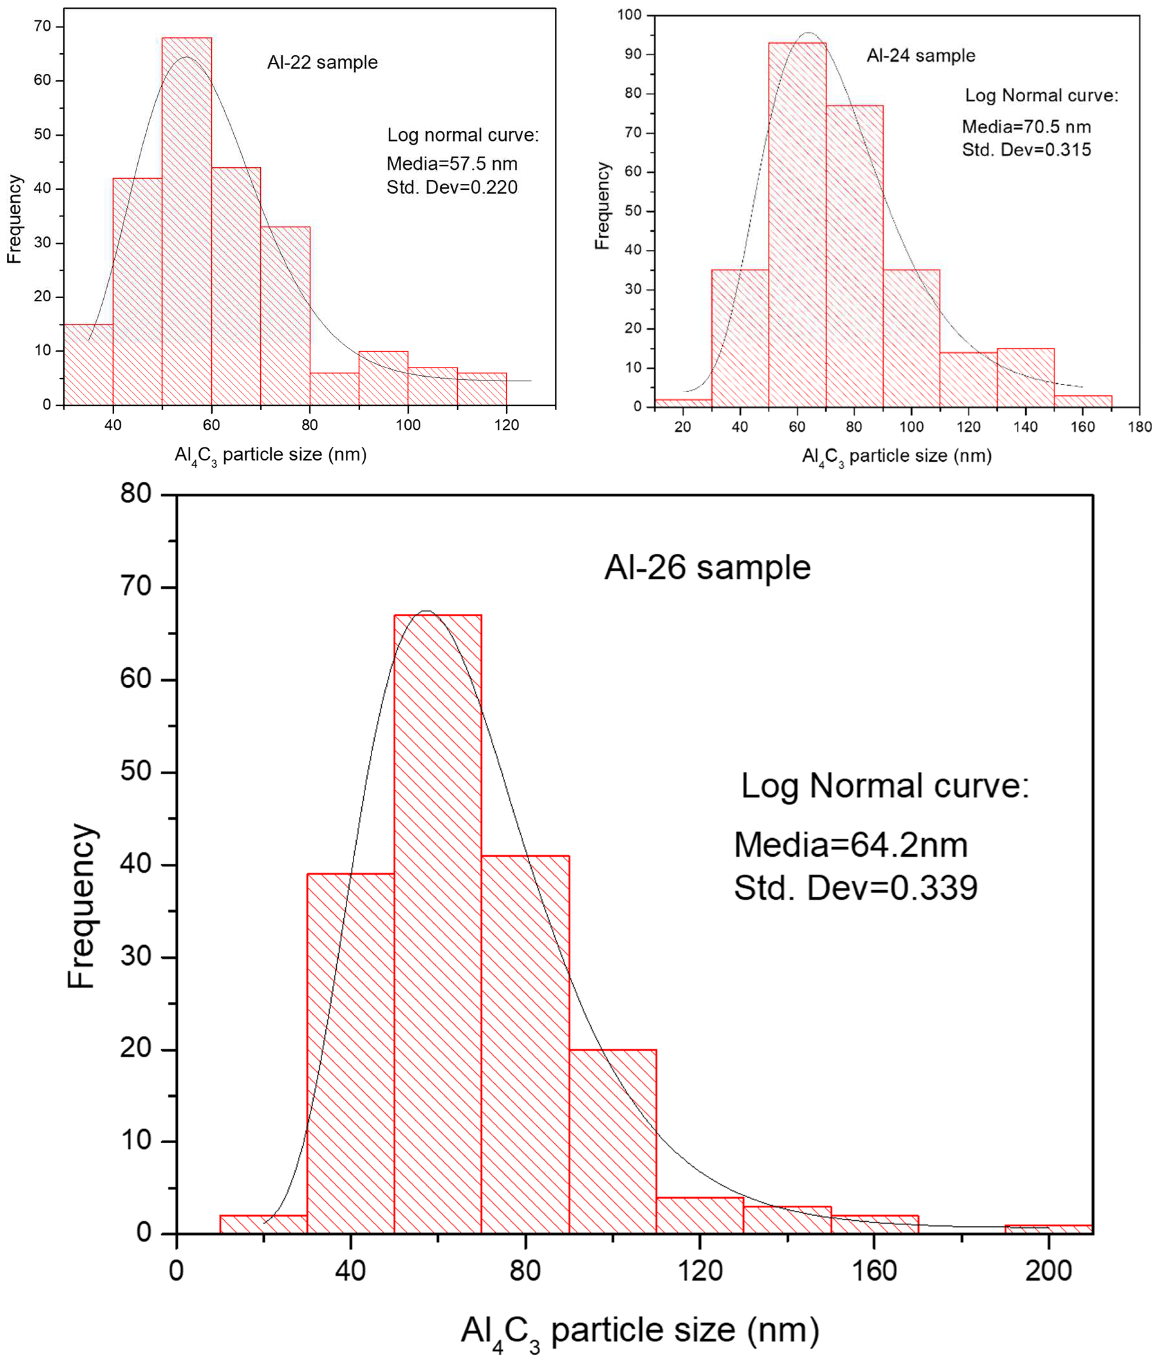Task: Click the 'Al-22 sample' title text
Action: coord(322,62)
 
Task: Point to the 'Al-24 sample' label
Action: coord(921,55)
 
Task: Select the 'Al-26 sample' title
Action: coord(707,567)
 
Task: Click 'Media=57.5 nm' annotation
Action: coord(452,163)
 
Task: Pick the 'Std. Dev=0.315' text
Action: coord(1026,150)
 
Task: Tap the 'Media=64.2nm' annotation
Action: coord(850,845)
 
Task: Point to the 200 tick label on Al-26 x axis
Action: coord(1048,1271)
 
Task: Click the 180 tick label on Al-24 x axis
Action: coord(1140,427)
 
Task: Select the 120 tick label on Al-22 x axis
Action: coord(506,425)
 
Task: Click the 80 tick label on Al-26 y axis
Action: coord(136,494)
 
